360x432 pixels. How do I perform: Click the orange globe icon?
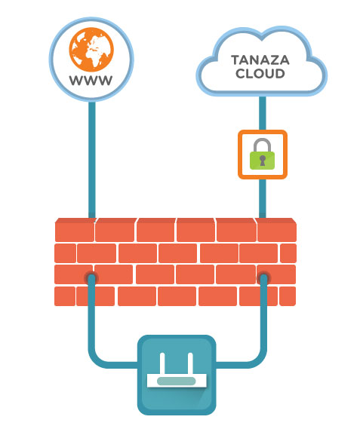91,50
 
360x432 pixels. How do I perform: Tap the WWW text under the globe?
91,81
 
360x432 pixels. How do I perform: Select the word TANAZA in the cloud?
260,60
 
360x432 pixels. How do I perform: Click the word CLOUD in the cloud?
260,74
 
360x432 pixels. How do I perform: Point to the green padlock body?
263,160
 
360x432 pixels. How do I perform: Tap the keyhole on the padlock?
263,161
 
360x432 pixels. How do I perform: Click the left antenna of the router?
162,363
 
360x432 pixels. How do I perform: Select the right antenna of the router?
190,363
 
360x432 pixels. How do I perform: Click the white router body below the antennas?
177,381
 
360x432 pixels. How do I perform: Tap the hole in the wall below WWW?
91,277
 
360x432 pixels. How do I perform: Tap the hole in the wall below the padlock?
263,277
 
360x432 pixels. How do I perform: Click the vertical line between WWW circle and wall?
92,160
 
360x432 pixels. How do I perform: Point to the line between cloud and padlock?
263,113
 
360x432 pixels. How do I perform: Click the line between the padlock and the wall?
263,198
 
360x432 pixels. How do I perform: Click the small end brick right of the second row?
288,253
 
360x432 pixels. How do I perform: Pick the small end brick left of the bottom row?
65,296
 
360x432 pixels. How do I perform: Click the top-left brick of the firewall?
75,230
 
